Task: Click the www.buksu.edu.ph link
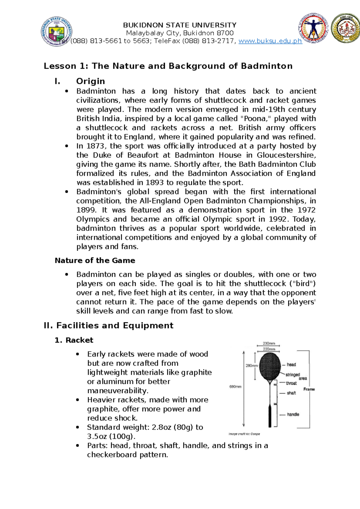270,41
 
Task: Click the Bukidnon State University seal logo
57,32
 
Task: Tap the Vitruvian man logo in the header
313,28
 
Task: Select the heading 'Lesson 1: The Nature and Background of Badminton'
168,66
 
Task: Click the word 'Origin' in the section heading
90,81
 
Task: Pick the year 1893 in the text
154,183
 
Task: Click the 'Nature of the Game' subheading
95,261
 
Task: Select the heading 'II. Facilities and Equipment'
109,326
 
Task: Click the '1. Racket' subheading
74,340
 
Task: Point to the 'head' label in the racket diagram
291,365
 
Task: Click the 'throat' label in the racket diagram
291,383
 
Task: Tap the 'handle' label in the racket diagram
293,414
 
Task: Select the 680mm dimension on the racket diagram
235,387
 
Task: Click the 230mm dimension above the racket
269,343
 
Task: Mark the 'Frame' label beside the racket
309,389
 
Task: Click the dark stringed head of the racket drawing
270,366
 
